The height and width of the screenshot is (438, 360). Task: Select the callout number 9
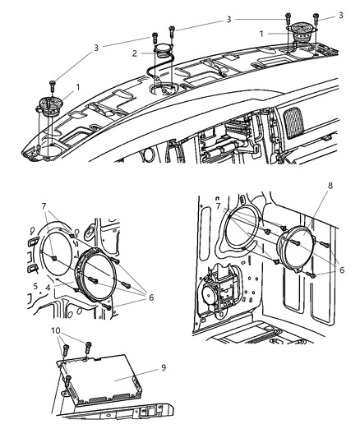(x=163, y=367)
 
